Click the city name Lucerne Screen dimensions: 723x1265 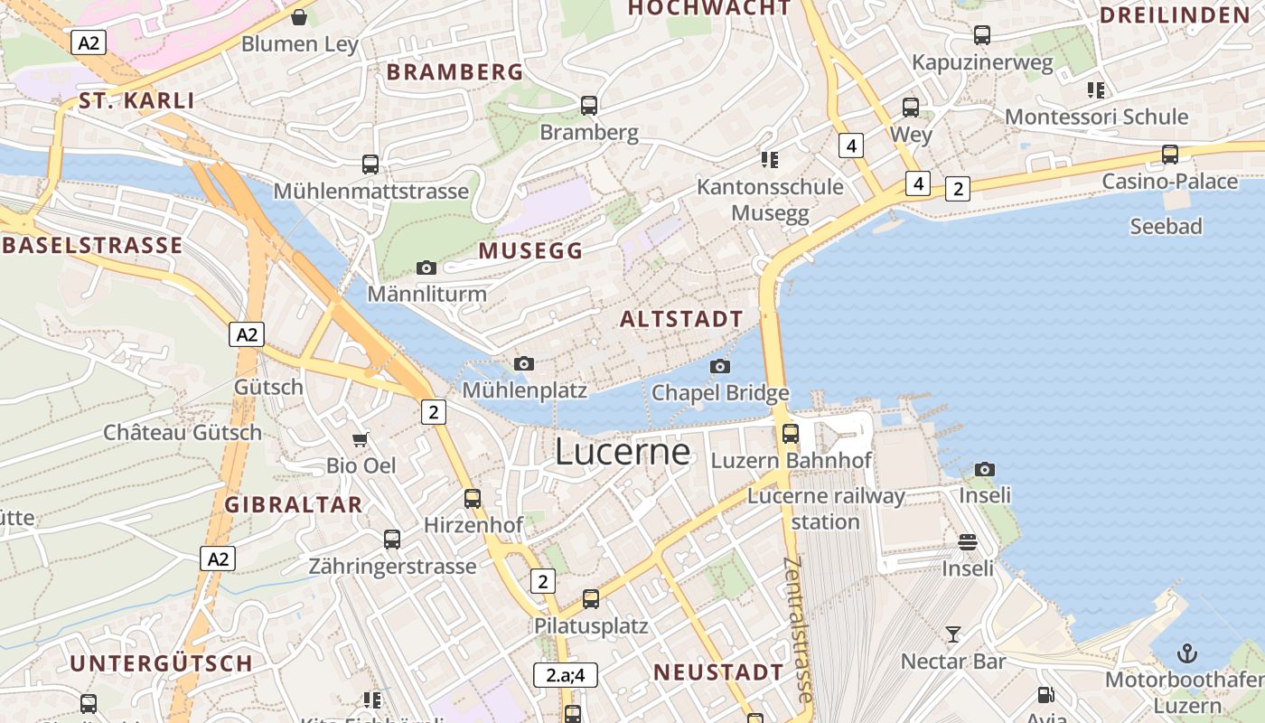click(623, 451)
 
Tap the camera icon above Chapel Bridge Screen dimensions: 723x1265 click(720, 366)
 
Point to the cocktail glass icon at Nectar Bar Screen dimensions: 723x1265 click(953, 634)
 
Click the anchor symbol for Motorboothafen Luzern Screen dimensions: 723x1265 click(1186, 653)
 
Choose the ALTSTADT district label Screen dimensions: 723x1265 click(681, 319)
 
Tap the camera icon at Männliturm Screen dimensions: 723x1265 click(426, 268)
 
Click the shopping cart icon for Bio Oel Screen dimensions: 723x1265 click(361, 440)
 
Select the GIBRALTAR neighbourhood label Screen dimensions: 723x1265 click(294, 505)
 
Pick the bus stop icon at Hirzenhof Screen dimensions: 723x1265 click(473, 498)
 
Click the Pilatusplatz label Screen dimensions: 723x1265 click(591, 625)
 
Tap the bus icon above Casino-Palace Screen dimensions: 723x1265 click(1170, 155)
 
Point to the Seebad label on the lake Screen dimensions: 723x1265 click(1166, 226)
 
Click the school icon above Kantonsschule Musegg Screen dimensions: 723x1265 click(770, 160)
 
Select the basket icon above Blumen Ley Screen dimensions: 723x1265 click(299, 17)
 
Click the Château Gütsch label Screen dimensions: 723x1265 click(183, 432)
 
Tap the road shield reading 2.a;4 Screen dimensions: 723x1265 click(566, 674)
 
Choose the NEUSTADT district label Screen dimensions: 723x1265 click(718, 672)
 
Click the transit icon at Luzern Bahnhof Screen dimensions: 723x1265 click(791, 433)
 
